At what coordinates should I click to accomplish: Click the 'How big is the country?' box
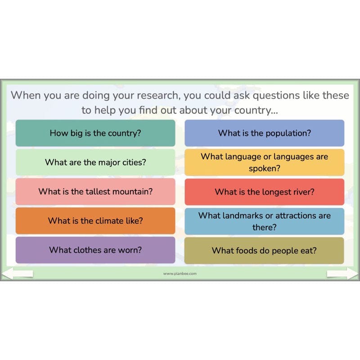click(95, 133)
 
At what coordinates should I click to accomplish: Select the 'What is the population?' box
click(265, 133)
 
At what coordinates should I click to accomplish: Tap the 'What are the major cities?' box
click(95, 162)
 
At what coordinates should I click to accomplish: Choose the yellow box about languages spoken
click(265, 162)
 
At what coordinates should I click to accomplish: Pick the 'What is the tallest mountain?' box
click(95, 192)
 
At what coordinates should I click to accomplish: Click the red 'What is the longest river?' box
click(265, 192)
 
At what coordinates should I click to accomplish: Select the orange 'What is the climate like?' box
click(95, 221)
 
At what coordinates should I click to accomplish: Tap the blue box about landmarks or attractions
click(265, 221)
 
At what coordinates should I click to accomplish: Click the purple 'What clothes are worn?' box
click(95, 250)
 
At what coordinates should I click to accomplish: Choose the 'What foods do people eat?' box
click(265, 250)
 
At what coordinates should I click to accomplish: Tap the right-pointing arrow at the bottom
click(342, 273)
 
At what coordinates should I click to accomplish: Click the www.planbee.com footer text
click(180, 274)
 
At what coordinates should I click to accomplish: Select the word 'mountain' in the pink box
click(132, 191)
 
